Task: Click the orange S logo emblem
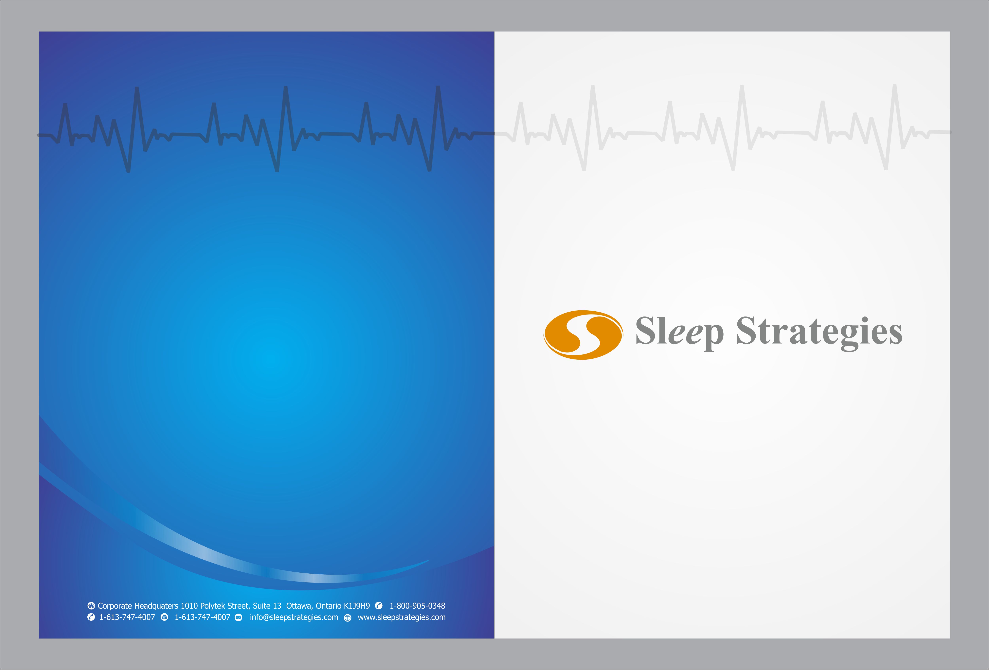pos(583,335)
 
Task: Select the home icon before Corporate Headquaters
pos(91,606)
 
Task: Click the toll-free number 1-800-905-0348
pos(418,606)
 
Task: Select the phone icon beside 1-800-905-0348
pos(379,606)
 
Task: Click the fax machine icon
pos(164,617)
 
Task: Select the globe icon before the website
pos(348,618)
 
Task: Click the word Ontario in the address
pos(329,606)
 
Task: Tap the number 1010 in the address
pos(189,606)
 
